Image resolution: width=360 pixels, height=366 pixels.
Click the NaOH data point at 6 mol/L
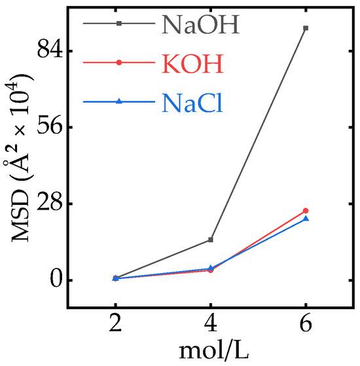click(306, 28)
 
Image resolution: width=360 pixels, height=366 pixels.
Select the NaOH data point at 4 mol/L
click(210, 240)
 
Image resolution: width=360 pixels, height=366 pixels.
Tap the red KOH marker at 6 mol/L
click(306, 211)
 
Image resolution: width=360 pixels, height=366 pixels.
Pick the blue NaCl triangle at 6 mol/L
click(306, 219)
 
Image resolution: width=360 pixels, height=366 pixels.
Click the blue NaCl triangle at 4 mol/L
click(210, 268)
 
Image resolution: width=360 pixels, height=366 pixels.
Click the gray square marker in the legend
click(118, 24)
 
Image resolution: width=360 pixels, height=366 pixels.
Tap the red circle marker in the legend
click(118, 63)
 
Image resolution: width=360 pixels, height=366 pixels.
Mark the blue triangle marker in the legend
click(118, 101)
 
